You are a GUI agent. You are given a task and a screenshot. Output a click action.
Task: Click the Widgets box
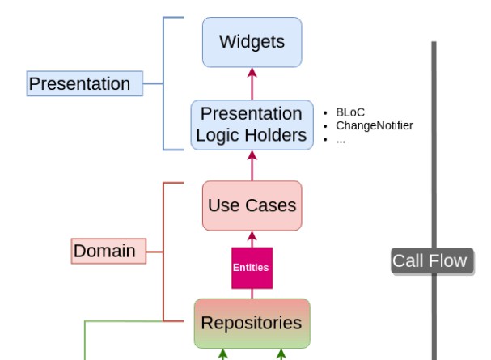(252, 42)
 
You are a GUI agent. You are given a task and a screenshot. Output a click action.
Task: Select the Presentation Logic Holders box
(252, 125)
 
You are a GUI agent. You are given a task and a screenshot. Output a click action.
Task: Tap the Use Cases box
(252, 205)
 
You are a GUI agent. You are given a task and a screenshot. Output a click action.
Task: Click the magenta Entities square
(252, 268)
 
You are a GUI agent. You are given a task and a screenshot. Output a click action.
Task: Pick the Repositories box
(252, 323)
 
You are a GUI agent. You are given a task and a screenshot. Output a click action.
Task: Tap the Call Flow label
(430, 260)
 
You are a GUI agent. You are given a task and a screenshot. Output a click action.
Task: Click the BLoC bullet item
(350, 112)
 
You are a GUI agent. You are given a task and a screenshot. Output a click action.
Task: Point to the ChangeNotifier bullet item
(374, 125)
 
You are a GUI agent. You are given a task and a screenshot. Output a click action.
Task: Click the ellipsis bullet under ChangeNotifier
(341, 138)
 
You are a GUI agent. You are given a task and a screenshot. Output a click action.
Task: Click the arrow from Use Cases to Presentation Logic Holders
(252, 165)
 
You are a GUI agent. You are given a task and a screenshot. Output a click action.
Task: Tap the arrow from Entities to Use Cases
(252, 239)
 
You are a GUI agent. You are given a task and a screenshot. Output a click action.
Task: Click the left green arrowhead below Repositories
(223, 354)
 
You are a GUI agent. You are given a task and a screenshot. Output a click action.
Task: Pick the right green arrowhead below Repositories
(281, 354)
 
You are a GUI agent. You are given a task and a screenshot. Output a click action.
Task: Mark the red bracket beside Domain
(165, 251)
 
